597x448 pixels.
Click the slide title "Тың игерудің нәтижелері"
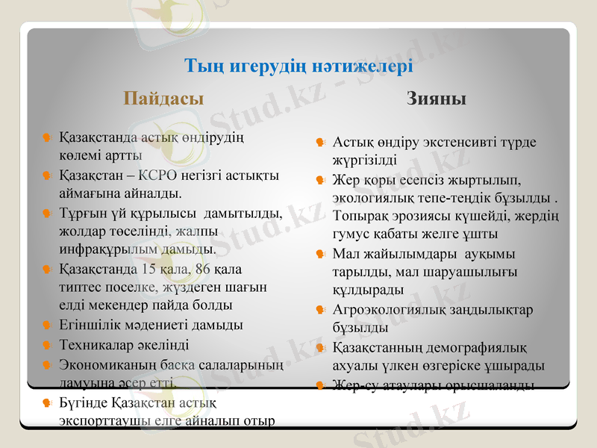click(298, 66)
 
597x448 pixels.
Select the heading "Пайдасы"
click(163, 98)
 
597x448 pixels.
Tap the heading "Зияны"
click(437, 98)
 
